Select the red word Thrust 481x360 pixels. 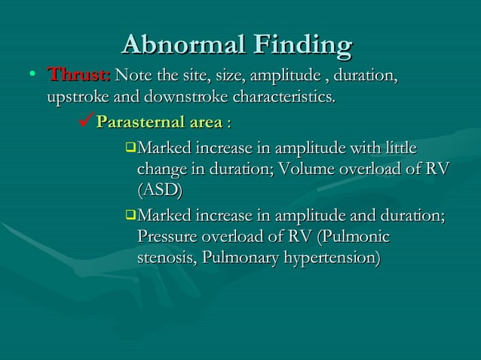79,76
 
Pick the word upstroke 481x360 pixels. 77,98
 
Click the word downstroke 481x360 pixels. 183,98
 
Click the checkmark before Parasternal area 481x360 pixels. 85,121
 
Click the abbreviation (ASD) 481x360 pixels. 160,188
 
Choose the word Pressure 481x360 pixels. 170,237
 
